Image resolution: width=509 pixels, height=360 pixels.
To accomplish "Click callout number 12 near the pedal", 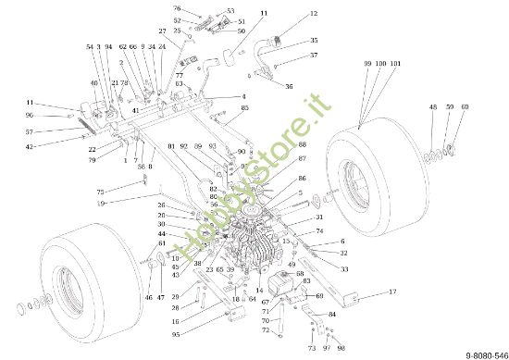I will coord(313,14).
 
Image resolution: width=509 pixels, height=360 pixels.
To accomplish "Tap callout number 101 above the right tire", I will coord(396,63).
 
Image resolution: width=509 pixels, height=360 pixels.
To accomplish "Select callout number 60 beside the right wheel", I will coord(464,107).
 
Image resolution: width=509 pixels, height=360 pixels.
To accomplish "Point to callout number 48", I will coord(432,107).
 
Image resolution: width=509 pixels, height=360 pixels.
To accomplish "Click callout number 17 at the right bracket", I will coord(391,292).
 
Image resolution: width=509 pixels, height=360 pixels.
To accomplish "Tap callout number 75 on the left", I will coord(100,192).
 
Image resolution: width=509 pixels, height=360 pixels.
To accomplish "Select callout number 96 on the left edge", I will coord(29,116).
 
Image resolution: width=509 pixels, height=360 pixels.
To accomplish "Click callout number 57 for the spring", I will coord(29,131).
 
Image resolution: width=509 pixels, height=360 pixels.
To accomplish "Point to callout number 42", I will coord(29,146).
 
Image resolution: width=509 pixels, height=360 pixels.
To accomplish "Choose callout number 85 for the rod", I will coord(244,108).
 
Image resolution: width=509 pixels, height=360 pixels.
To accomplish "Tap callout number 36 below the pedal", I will coord(289,86).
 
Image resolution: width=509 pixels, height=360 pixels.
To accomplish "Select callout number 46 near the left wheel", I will coord(147,298).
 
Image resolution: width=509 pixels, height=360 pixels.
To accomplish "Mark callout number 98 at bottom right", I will coord(341,348).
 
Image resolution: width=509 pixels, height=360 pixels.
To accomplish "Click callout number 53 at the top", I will coord(230,11).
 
